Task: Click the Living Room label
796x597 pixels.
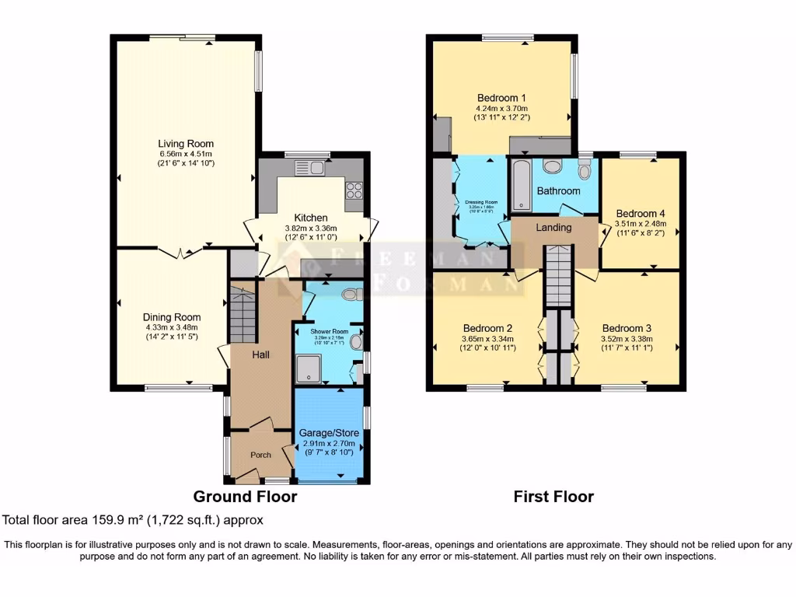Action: click(186, 144)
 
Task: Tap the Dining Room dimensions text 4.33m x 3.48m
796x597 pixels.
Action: click(172, 327)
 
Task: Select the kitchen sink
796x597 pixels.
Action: click(309, 167)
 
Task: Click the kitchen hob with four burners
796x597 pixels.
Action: click(354, 190)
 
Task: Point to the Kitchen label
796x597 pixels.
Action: click(310, 218)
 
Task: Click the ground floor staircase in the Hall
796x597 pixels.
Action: click(243, 313)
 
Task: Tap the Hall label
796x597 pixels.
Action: click(260, 354)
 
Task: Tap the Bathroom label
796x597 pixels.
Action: click(558, 190)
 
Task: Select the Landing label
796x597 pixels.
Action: click(554, 228)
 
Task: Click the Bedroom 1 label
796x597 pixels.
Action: click(502, 98)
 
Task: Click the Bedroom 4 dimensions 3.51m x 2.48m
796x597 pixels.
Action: click(642, 223)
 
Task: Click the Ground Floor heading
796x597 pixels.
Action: click(245, 497)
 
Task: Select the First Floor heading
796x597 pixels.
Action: click(553, 497)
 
